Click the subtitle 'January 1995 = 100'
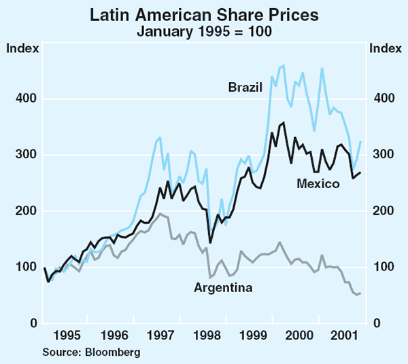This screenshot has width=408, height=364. tap(204, 31)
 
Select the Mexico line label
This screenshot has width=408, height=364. tap(318, 183)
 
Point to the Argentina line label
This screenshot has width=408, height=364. tap(224, 288)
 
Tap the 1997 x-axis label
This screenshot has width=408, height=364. tap(161, 335)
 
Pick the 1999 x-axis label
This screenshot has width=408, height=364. tap(252, 335)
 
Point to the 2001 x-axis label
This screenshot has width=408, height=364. tap(341, 335)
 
